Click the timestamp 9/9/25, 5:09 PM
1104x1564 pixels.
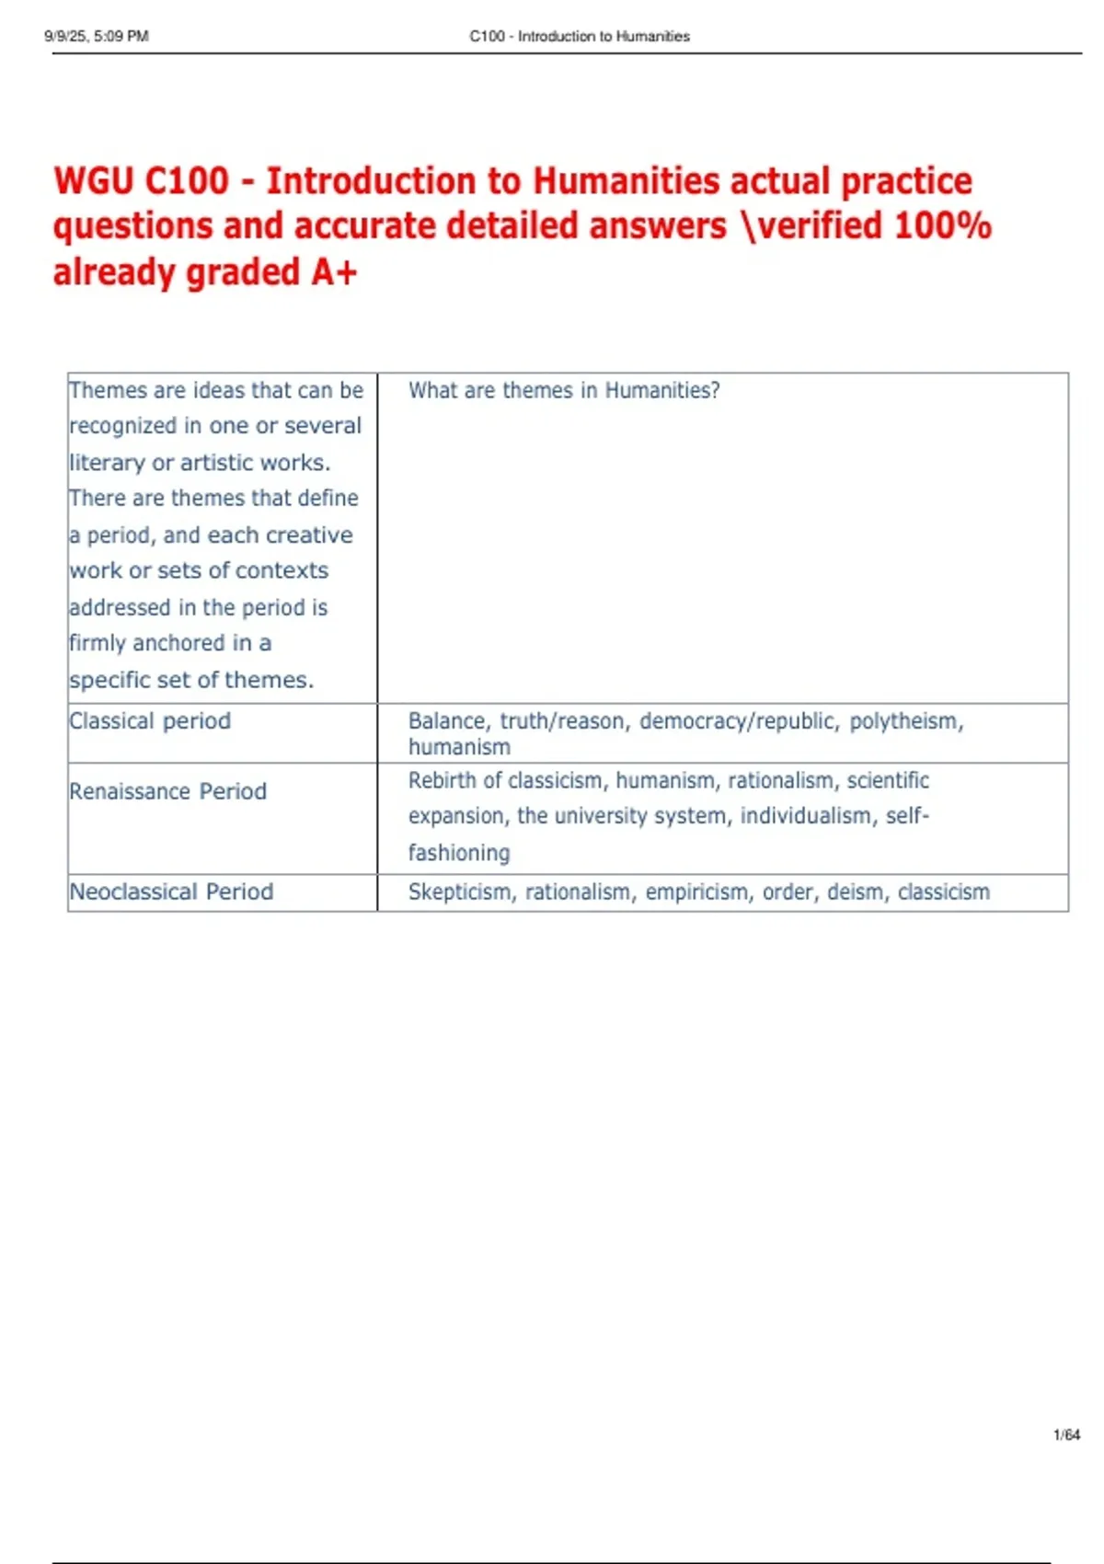coord(96,36)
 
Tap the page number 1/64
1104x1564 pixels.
coord(1066,1434)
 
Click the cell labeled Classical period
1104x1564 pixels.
coord(150,721)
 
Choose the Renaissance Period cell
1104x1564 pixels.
coord(168,791)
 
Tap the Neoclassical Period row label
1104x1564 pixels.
coord(171,891)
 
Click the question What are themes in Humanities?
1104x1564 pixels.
coord(564,390)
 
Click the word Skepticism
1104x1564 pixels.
coord(460,891)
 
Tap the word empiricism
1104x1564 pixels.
coord(696,891)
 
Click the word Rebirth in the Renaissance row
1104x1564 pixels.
coord(443,780)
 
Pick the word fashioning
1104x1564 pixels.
coord(459,853)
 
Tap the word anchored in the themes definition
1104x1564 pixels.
coord(178,643)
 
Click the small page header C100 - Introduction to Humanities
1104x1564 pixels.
coord(580,36)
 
